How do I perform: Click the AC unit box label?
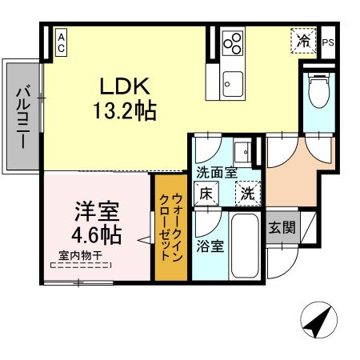pyautogui.click(x=61, y=41)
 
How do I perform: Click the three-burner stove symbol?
pyautogui.click(x=233, y=44)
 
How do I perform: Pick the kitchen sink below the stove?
pyautogui.click(x=233, y=82)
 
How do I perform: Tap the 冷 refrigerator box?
pyautogui.click(x=304, y=39)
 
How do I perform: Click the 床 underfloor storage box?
pyautogui.click(x=206, y=192)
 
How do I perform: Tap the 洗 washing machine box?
pyautogui.click(x=246, y=192)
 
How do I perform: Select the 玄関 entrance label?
pyautogui.click(x=280, y=227)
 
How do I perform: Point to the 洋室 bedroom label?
pyautogui.click(x=97, y=212)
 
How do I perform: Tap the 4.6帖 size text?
pyautogui.click(x=97, y=235)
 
